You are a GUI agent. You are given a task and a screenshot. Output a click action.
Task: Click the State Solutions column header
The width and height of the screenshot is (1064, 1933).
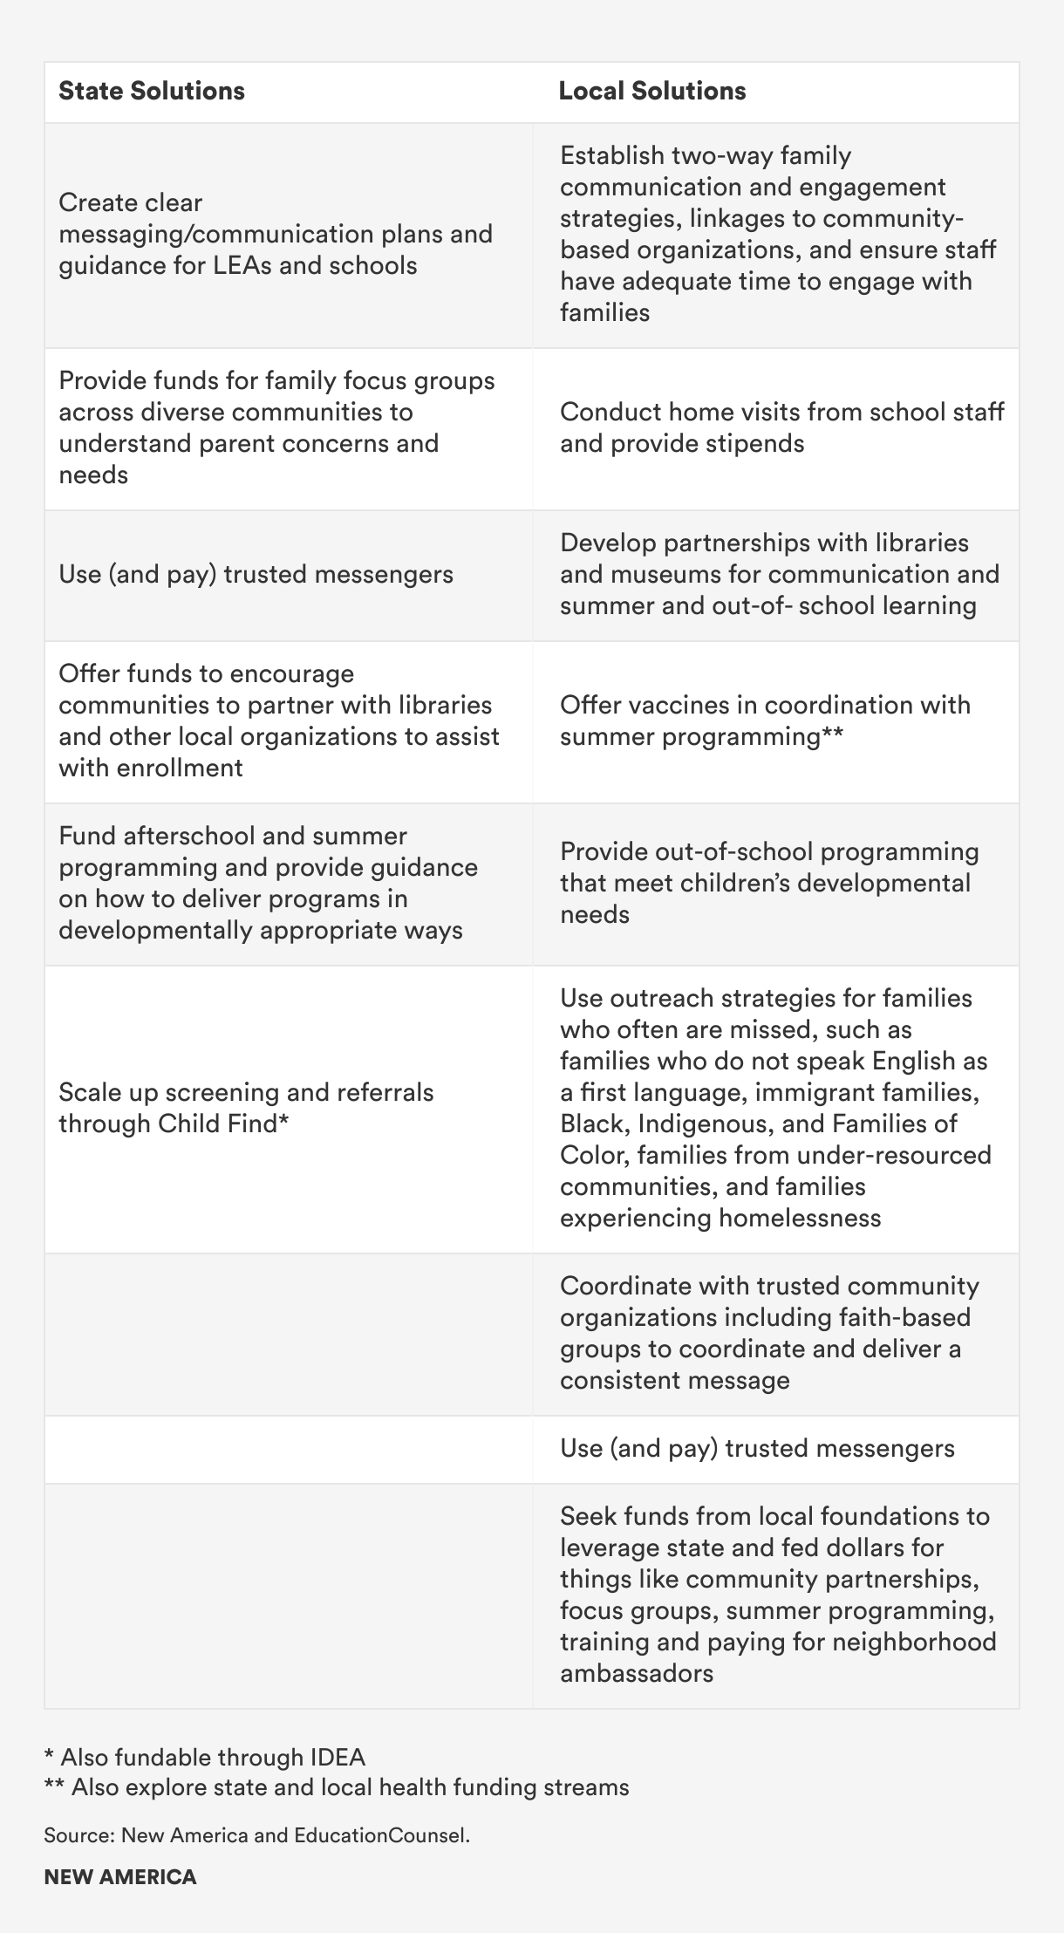pos(152,92)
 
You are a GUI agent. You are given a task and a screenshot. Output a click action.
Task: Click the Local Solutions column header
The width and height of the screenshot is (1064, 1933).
pos(652,92)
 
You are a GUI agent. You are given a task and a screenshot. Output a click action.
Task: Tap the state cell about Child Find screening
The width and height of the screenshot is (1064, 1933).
pos(246,1108)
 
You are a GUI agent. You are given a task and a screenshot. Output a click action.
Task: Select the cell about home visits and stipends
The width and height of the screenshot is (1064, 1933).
pos(781,427)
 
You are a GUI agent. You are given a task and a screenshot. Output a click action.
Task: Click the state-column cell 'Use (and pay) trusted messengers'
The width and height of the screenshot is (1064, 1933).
pos(256,574)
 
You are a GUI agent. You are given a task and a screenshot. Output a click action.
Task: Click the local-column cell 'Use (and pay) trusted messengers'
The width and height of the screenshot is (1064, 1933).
pos(757,1448)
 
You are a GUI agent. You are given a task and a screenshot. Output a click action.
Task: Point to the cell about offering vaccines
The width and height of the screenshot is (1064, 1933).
pos(765,721)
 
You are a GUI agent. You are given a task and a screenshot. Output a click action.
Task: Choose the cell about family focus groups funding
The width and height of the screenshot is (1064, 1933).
pos(276,427)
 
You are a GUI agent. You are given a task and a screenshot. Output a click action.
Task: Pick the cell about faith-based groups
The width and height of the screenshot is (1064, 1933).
pos(769,1333)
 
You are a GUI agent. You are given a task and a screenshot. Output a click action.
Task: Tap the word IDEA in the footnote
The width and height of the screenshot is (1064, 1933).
pos(337,1757)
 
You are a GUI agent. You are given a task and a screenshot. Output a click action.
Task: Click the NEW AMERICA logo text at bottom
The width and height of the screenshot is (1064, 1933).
pos(120,1877)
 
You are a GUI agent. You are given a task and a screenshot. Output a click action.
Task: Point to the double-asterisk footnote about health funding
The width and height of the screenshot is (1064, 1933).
pos(337,1787)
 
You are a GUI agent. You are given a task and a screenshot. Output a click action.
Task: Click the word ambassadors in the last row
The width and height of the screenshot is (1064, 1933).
pos(637,1673)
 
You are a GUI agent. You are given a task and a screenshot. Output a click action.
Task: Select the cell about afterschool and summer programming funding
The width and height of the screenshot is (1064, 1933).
pos(268,883)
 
